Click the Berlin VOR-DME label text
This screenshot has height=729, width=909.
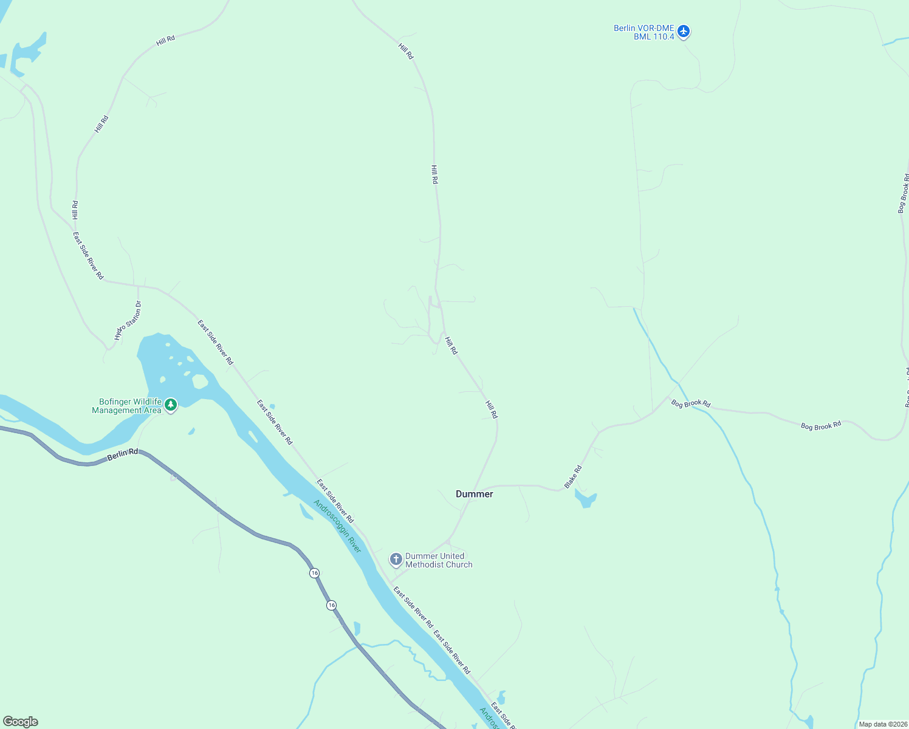pyautogui.click(x=643, y=28)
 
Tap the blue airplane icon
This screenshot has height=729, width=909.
pyautogui.click(x=684, y=31)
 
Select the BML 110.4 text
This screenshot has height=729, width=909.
pyautogui.click(x=654, y=37)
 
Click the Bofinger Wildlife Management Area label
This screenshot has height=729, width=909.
pyautogui.click(x=126, y=406)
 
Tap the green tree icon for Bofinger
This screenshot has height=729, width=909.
pyautogui.click(x=171, y=405)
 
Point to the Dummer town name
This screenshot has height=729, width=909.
pyautogui.click(x=475, y=495)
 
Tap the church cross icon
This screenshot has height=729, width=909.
pyautogui.click(x=396, y=560)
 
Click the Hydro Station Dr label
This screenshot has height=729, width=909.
pyautogui.click(x=128, y=321)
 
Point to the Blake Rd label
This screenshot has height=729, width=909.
pyautogui.click(x=572, y=476)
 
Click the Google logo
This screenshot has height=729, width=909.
pyautogui.click(x=20, y=722)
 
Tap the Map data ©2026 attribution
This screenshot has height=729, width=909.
pyautogui.click(x=882, y=724)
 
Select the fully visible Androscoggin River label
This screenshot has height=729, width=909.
pyautogui.click(x=337, y=526)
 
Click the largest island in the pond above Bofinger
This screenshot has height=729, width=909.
pyautogui.click(x=199, y=382)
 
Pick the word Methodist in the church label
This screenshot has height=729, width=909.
pyautogui.click(x=425, y=565)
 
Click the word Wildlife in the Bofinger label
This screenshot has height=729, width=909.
pyautogui.click(x=146, y=402)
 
